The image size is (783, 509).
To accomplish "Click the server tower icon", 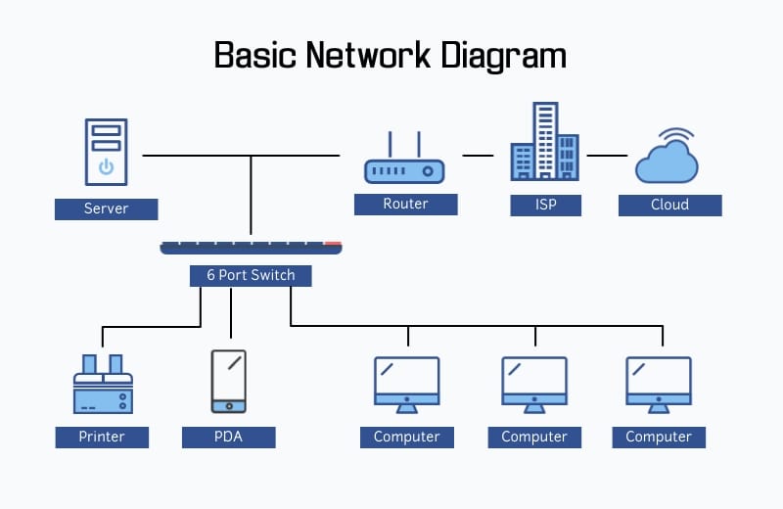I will click(x=106, y=152).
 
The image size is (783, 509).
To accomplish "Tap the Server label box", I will click(x=106, y=208).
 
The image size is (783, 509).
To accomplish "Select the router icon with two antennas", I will click(x=404, y=164).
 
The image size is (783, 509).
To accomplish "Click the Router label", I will click(x=405, y=204).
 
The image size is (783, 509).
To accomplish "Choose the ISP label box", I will click(x=545, y=205).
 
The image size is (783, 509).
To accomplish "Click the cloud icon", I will click(x=666, y=162).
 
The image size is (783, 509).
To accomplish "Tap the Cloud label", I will click(x=669, y=205).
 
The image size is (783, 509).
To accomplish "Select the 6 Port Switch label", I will click(x=251, y=275).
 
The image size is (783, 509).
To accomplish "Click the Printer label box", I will click(x=102, y=437).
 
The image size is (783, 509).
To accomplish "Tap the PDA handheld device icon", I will click(x=228, y=381).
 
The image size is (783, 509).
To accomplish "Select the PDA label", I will click(x=228, y=437).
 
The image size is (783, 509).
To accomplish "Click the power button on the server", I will click(x=106, y=167).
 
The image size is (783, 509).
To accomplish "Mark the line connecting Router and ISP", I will click(x=478, y=155).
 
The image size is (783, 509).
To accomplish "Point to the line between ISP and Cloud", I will click(x=607, y=155).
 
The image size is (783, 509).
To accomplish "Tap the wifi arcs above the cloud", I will click(x=675, y=134).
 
